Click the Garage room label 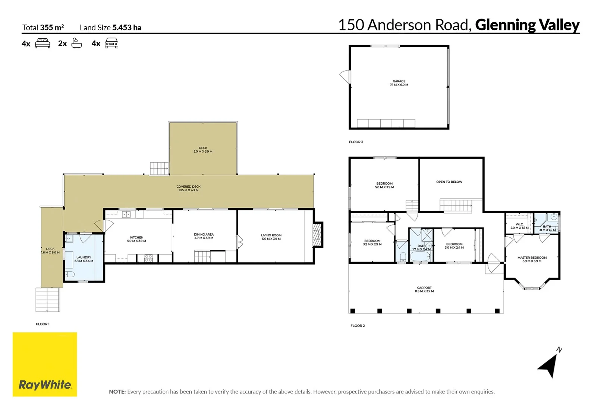pos(399,81)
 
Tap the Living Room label pos(271,235)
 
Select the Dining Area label pos(204,234)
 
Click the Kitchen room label pos(136,237)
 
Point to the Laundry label pos(84,257)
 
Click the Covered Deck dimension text pos(188,190)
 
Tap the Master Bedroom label pos(532,258)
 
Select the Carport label pos(424,288)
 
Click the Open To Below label pos(449,182)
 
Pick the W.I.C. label pos(519,224)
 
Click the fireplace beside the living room pos(317,234)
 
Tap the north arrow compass pos(549,365)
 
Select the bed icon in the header pos(43,44)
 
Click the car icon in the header pos(111,44)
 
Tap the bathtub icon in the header pos(76,43)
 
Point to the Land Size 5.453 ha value pos(127,28)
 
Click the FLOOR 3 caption pos(356,142)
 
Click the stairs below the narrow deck pos(48,300)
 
